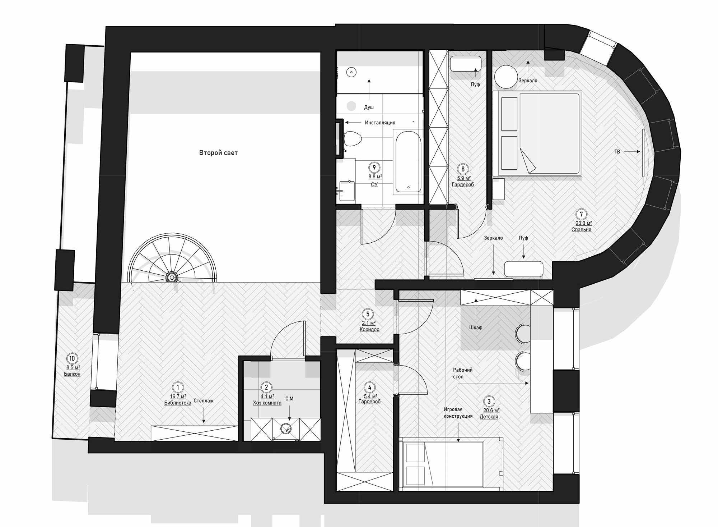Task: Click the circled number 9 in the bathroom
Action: pos(374,168)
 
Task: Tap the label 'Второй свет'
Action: pos(218,153)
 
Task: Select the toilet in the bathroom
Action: pos(352,139)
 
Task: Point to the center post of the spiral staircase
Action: pos(172,278)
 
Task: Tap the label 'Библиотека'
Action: pos(178,403)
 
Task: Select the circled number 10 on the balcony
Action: pos(72,358)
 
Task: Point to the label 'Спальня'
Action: pos(581,229)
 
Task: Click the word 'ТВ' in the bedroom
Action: pos(617,152)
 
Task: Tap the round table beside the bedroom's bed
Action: pos(505,77)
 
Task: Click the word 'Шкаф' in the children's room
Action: pos(476,327)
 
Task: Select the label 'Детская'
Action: pos(489,417)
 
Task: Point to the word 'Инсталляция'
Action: pos(380,123)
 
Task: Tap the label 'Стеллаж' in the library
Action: pos(204,400)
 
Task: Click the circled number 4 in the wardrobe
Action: pos(369,387)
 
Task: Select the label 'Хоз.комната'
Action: pos(267,403)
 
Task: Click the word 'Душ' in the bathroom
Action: pos(369,107)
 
